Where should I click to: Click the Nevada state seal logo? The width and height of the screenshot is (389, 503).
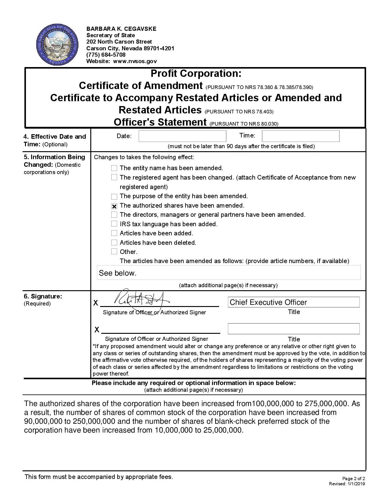click(57, 45)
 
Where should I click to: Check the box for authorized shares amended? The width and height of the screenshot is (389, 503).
click(114, 206)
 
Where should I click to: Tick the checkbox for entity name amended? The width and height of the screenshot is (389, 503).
click(114, 168)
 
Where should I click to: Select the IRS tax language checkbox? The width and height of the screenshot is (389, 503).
click(114, 224)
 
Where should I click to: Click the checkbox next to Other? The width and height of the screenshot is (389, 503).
click(114, 252)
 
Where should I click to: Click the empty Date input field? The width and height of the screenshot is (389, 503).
click(182, 136)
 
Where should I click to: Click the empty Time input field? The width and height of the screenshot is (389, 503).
click(301, 136)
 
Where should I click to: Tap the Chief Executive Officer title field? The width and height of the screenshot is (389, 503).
click(294, 302)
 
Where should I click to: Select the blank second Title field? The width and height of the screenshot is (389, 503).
click(294, 329)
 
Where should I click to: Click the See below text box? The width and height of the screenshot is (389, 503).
click(229, 273)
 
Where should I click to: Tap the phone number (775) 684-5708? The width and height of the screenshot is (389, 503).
click(106, 55)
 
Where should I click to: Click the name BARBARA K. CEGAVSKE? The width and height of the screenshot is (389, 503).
click(121, 29)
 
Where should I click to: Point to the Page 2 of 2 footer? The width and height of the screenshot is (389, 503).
click(354, 478)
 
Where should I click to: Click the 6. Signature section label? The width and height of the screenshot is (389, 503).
click(43, 296)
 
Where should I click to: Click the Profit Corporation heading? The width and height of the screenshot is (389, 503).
click(196, 73)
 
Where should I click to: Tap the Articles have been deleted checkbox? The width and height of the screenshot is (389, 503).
click(114, 243)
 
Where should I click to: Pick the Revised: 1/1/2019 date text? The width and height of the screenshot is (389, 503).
click(347, 484)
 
